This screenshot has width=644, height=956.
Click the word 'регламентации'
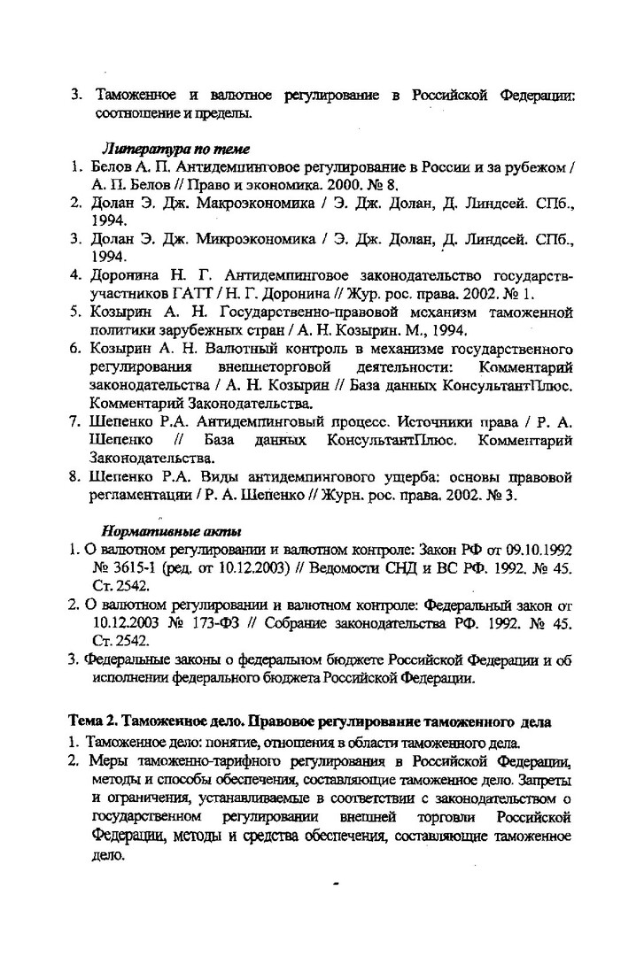[137, 497]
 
